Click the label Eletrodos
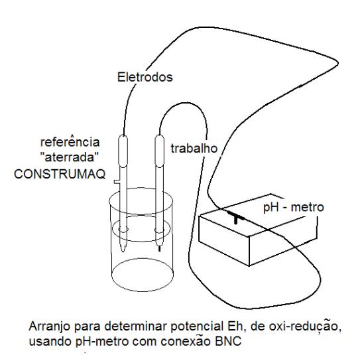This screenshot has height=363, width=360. pos(145,77)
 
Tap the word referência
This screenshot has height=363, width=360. pos(70,142)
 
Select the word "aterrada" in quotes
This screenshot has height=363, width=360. pos(70,157)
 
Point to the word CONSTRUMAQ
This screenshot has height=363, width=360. pos(60,174)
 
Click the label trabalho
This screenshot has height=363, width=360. pos(194,149)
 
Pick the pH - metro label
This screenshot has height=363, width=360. pos(294,208)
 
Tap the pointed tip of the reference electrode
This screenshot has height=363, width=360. pos(123,250)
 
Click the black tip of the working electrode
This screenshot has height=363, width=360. pos(159,248)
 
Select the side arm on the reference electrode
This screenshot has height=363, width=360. pos(117,182)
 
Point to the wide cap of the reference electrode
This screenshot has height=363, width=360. pos(123,151)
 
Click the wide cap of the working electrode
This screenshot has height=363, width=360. pos(159,151)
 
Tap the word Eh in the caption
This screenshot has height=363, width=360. pos(235,327)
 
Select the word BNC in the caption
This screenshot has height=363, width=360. pos(228,341)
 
